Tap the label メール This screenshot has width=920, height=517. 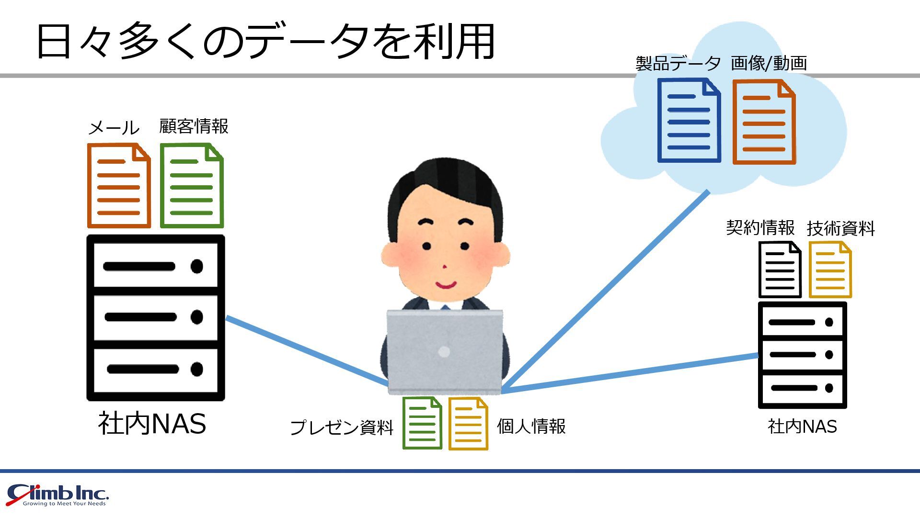(x=114, y=128)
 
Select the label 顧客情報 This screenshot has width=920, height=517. (x=194, y=126)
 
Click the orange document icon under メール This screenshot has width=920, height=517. (x=119, y=185)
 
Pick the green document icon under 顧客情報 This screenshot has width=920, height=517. (x=192, y=185)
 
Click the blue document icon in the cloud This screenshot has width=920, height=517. (x=689, y=121)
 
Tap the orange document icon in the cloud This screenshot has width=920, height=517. (x=764, y=122)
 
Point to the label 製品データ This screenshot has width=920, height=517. (x=678, y=63)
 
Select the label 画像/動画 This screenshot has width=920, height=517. (x=769, y=63)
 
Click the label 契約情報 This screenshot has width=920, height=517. (x=760, y=227)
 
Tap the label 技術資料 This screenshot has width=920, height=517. (x=840, y=228)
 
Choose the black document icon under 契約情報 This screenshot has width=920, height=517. (x=780, y=270)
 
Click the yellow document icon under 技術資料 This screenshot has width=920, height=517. (x=830, y=270)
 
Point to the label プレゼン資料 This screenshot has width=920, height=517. (x=342, y=427)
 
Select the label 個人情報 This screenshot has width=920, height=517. (x=531, y=426)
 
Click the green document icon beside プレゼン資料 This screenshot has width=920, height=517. (x=422, y=423)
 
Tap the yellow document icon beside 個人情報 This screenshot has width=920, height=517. (x=468, y=424)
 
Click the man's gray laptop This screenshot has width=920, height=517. (x=444, y=352)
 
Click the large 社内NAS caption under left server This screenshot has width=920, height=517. (x=152, y=424)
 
